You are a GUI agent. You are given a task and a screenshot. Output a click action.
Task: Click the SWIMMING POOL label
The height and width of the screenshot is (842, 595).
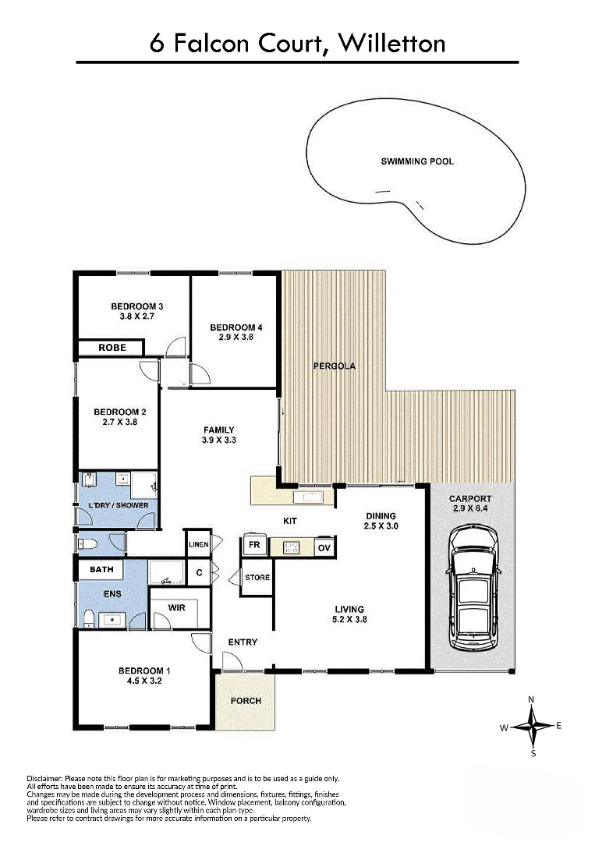416,161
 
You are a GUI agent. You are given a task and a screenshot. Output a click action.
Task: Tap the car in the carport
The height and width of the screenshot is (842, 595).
473,587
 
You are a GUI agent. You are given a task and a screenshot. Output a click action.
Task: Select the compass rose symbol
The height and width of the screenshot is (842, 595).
531,727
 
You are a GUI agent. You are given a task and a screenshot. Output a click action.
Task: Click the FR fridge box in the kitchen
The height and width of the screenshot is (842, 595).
254,545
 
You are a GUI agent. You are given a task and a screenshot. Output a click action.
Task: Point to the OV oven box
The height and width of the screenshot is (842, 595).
324,548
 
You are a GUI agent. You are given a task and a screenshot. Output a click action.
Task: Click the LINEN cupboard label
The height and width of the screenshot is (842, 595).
199,544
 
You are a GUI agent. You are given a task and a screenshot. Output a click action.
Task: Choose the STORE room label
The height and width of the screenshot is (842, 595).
257,577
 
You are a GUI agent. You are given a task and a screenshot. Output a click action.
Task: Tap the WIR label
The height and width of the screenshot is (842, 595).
177,607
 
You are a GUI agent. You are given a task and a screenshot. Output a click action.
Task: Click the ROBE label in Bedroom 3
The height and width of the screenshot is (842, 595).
112,348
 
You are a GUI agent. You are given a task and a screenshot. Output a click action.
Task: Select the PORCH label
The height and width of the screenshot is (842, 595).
246,701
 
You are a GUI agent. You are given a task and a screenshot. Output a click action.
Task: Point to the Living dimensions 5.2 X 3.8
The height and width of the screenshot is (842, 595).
349,619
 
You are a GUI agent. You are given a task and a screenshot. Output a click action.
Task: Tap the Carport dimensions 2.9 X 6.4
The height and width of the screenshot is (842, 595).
470,508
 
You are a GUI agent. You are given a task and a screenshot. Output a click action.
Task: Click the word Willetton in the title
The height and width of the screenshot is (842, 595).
392,44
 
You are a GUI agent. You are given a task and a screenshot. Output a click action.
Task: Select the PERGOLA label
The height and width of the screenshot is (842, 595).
335,366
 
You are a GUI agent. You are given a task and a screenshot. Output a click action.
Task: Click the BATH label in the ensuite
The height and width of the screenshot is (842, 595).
101,569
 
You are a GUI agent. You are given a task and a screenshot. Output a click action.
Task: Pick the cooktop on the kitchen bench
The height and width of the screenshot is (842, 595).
291,548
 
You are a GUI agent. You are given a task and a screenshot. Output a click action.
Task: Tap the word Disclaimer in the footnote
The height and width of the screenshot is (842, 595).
45,778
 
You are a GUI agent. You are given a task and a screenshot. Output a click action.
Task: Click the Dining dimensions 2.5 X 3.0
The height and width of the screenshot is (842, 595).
381,526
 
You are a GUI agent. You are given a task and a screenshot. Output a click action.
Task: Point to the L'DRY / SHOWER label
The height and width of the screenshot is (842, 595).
119,505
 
